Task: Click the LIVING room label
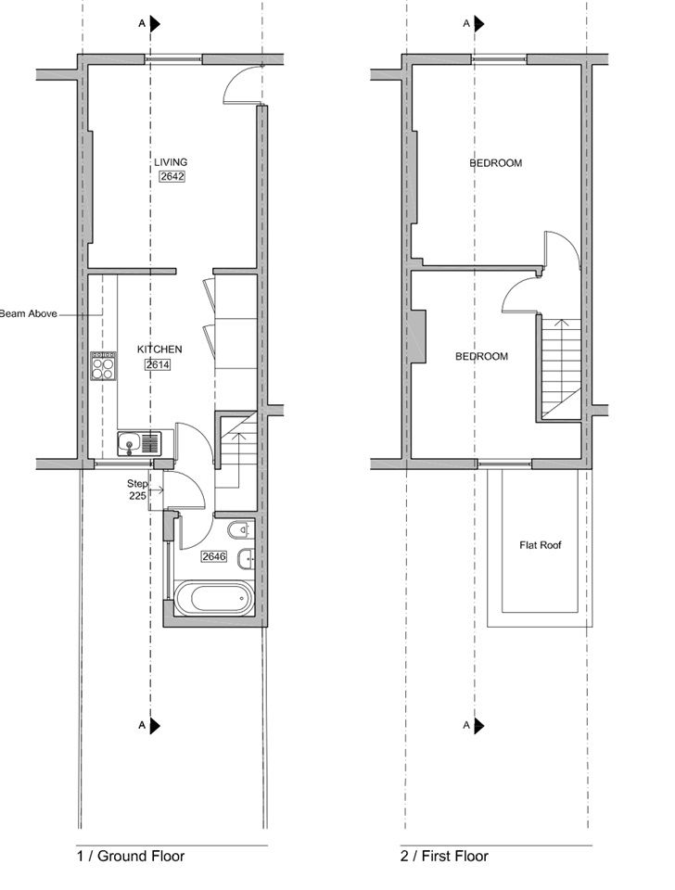tap(171, 162)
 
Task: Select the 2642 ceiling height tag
tap(172, 176)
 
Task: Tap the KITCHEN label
tap(159, 350)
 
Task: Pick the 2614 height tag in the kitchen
tap(158, 364)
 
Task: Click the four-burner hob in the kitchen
tap(103, 366)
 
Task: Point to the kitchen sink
tap(139, 443)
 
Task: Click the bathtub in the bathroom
tap(213, 598)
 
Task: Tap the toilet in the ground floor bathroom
tap(239, 530)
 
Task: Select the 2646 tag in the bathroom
tap(214, 556)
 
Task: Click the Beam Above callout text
tap(29, 313)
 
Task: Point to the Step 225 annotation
tap(137, 489)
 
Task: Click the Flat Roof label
tap(540, 545)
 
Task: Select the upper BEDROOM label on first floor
tap(496, 163)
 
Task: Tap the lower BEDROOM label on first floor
tap(481, 356)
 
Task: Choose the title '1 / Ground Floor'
tap(131, 857)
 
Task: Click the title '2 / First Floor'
tap(444, 857)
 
